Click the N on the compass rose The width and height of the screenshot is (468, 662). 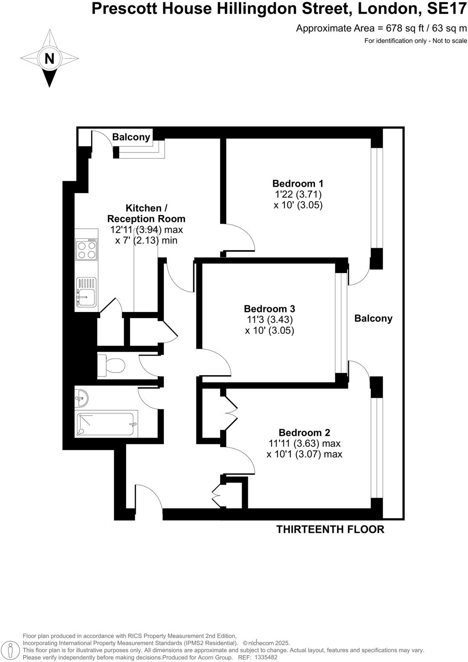(x=49, y=58)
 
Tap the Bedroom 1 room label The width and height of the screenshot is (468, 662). (x=298, y=183)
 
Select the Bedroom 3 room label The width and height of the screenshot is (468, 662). (x=270, y=309)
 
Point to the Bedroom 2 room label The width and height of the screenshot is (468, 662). (x=304, y=432)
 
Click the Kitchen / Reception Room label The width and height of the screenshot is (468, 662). (x=146, y=214)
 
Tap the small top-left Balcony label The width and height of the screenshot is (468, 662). (x=131, y=137)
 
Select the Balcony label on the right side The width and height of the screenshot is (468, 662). (x=373, y=318)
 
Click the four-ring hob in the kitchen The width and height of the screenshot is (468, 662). (x=86, y=250)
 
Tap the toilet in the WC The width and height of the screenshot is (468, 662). (x=111, y=365)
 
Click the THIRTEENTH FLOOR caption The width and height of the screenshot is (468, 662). (x=330, y=529)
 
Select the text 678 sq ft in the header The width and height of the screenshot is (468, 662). (x=397, y=29)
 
